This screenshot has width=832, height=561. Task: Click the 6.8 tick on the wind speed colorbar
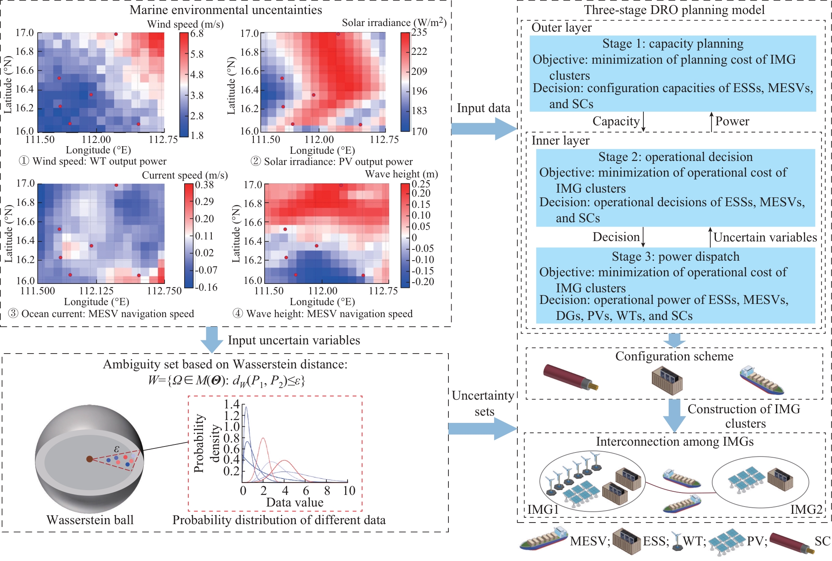(x=197, y=34)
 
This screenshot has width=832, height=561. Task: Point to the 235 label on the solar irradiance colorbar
(x=419, y=32)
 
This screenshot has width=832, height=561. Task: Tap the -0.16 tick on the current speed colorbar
(x=206, y=287)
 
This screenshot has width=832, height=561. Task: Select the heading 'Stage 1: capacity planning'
(x=673, y=43)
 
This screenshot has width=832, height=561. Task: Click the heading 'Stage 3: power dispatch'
(x=675, y=256)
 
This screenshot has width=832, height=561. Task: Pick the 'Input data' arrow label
(x=484, y=108)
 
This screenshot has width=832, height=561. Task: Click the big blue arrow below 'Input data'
(x=484, y=129)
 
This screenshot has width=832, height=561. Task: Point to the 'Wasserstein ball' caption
(x=90, y=520)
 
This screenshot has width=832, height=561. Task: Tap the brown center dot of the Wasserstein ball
(x=90, y=459)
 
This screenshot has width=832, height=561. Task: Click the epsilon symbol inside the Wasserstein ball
(x=117, y=448)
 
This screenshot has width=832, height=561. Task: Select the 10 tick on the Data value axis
(x=349, y=491)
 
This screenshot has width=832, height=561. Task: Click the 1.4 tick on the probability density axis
(x=232, y=404)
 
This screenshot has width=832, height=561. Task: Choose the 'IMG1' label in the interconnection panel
(x=543, y=509)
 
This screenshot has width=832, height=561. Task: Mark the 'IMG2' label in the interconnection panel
(x=806, y=509)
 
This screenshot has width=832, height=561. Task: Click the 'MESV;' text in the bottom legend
(x=590, y=541)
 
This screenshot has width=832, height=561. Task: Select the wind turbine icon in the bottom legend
(x=677, y=541)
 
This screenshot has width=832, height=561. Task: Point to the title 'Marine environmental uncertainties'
(x=226, y=10)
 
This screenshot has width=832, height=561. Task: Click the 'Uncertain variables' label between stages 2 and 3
(x=765, y=237)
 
